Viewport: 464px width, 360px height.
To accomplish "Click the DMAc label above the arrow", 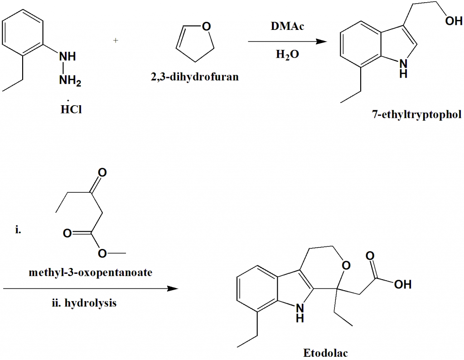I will [x=287, y=27].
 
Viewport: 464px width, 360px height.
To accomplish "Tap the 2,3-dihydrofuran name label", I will [x=195, y=77].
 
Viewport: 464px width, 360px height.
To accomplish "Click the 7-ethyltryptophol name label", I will [x=416, y=115].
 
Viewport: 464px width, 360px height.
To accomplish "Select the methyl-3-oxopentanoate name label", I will [x=90, y=273].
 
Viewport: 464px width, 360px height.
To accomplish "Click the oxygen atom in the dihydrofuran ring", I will [x=206, y=26].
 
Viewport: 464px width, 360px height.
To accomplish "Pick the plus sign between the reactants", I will [x=116, y=41].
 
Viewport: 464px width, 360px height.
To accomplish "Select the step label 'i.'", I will [x=18, y=230].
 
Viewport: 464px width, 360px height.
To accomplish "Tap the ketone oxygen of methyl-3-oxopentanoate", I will [x=102, y=173].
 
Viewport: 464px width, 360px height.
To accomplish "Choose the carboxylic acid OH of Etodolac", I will [x=402, y=285].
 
